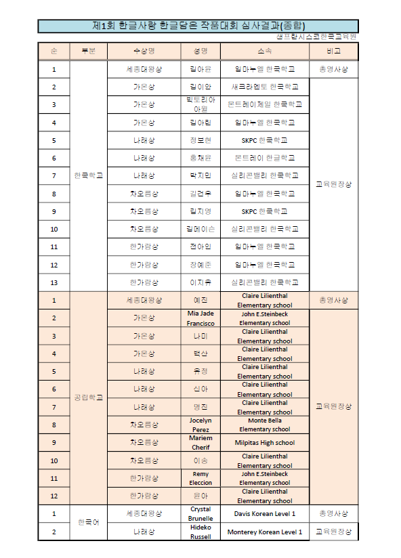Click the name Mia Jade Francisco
[200, 318]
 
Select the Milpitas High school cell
[264, 443]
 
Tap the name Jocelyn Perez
[200, 425]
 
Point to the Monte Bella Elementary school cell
[264, 425]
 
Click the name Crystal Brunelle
[200, 513]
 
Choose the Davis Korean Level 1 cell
[264, 514]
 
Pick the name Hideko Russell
[200, 532]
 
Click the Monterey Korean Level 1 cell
[264, 532]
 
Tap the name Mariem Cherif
[200, 442]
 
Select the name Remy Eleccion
[200, 478]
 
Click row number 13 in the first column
[54, 282]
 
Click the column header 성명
[200, 51]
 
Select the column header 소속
[264, 51]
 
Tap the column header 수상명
[144, 51]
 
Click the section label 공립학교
[89, 398]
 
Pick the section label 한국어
[89, 523]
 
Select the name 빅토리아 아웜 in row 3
[200, 104]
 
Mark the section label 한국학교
[89, 175]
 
